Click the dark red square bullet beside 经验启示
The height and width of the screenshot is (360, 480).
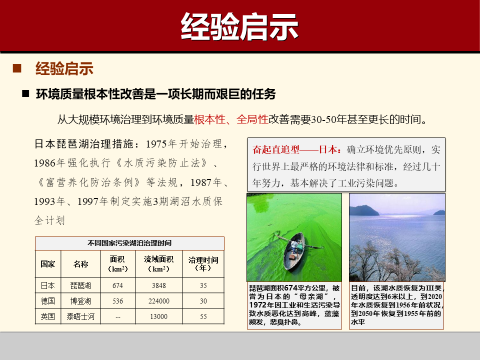pos(17,68)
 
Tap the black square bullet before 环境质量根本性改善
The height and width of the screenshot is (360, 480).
pos(25,93)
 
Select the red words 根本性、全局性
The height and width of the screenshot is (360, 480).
pos(231,119)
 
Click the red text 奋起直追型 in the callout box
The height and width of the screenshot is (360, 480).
pos(275,149)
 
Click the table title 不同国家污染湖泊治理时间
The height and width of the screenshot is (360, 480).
pos(129,243)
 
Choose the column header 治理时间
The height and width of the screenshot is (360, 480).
pos(203,264)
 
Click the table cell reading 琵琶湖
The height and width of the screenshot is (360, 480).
pos(80,286)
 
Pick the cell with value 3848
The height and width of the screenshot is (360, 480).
pos(158,286)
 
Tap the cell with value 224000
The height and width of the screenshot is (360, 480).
pos(158,301)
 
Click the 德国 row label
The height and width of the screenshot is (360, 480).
pos(48,301)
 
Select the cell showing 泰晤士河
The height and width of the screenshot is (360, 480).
pos(80,316)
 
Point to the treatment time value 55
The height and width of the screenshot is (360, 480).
pos(203,316)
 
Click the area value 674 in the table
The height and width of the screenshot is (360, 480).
pos(117,286)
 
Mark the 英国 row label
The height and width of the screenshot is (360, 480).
pos(48,316)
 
